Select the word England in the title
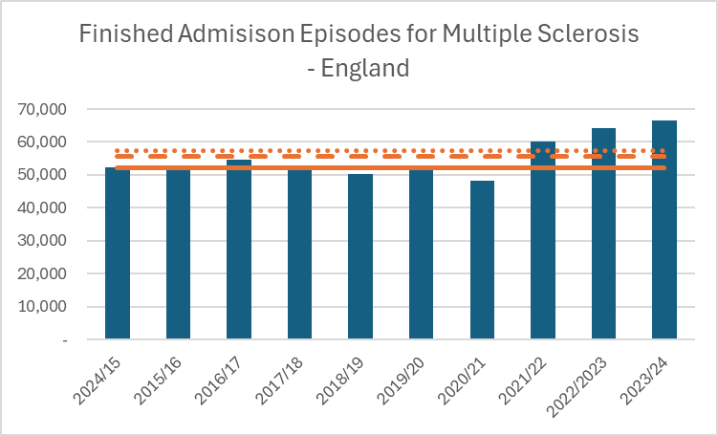pos(364,68)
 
